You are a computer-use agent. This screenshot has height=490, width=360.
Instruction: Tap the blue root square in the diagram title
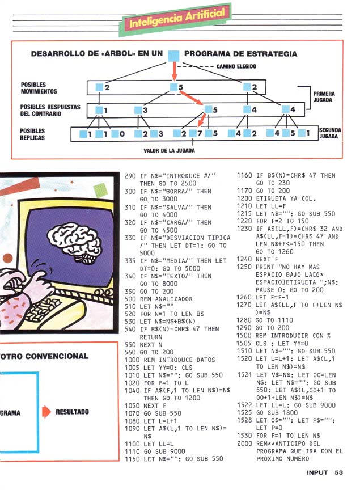175,55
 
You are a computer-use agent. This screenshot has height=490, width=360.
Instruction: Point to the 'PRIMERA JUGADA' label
324,96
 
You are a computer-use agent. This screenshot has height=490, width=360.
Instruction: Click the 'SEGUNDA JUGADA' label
329,133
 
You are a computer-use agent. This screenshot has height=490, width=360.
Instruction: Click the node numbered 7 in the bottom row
196,134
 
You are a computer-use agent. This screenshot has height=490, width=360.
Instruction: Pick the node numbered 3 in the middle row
142,109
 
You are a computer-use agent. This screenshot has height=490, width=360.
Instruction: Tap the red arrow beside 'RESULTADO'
45,412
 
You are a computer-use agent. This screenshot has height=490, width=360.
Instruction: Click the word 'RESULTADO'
72,412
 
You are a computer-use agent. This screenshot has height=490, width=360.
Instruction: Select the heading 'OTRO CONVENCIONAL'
44,356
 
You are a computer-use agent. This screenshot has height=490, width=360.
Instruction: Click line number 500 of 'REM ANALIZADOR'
130,298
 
